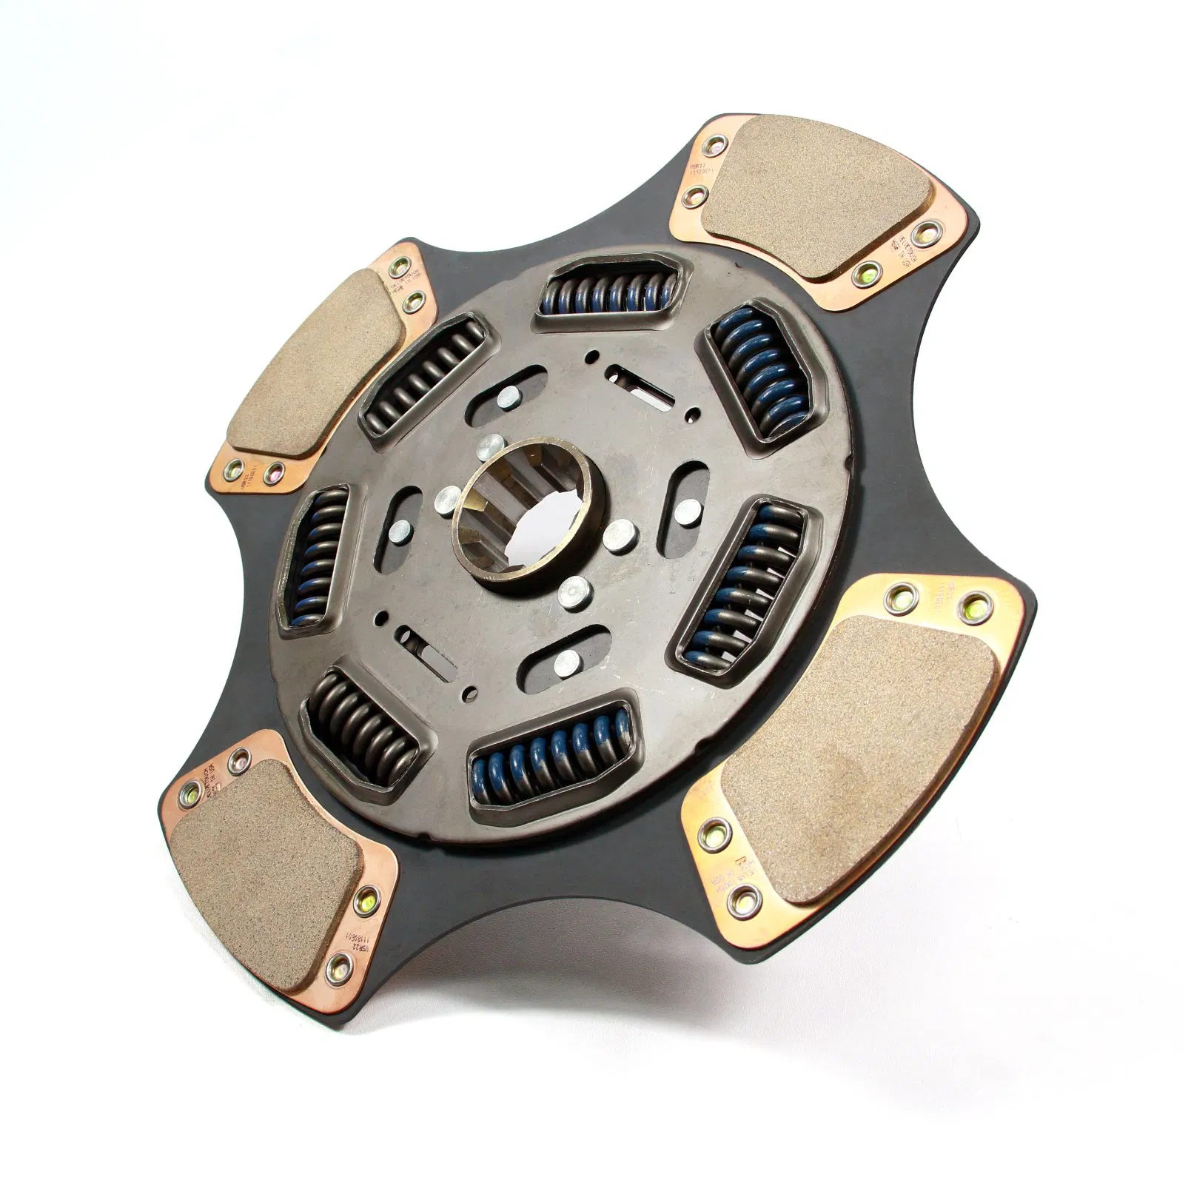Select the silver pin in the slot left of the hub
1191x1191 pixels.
click(x=399, y=529)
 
